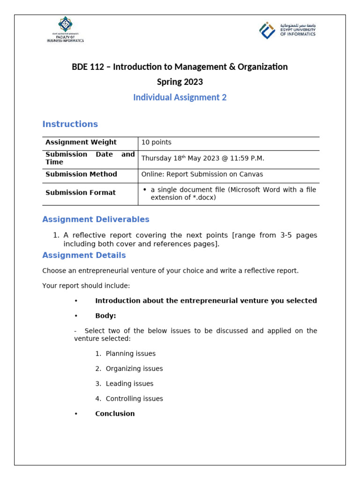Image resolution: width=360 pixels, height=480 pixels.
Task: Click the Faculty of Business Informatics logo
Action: pyautogui.click(x=65, y=30)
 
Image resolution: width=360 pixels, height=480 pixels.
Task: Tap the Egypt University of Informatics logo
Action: pyautogui.click(x=287, y=30)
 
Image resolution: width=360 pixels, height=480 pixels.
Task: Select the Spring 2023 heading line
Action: pyautogui.click(x=180, y=82)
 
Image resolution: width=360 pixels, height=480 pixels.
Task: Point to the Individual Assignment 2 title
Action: pyautogui.click(x=180, y=97)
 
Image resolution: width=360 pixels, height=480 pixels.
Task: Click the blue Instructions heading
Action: pyautogui.click(x=70, y=124)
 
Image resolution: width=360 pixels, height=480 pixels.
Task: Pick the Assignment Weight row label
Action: pyautogui.click(x=81, y=142)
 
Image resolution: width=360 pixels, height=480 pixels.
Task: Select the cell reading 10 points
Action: pyautogui.click(x=157, y=142)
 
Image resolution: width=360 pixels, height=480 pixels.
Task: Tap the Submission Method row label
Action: pyautogui.click(x=81, y=174)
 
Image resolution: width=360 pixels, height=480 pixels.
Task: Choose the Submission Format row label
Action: pyautogui.click(x=80, y=193)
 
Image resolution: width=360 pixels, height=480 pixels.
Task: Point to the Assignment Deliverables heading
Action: pyautogui.click(x=96, y=219)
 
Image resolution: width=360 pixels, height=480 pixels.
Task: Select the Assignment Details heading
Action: pyautogui.click(x=84, y=255)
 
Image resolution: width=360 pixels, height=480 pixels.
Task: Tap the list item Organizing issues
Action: pyautogui.click(x=134, y=368)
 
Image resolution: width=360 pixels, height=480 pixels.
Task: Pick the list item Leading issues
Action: pyautogui.click(x=129, y=383)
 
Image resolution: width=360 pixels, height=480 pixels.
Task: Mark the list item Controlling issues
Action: pyautogui.click(x=134, y=398)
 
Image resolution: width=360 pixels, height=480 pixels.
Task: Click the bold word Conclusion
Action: pyautogui.click(x=115, y=413)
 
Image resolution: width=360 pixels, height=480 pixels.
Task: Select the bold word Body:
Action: pyautogui.click(x=105, y=316)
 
